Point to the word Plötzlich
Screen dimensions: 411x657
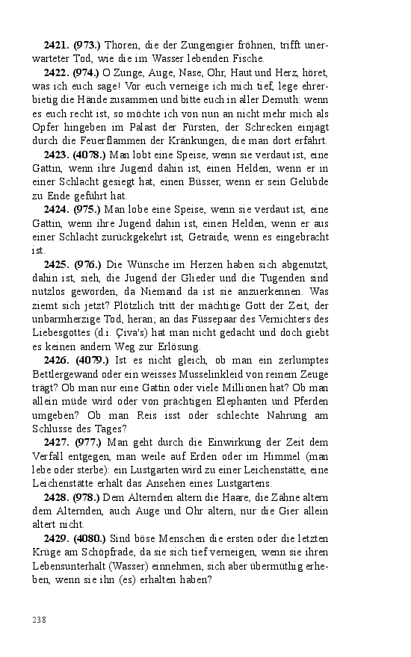point(132,305)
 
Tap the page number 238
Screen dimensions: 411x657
point(40,619)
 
